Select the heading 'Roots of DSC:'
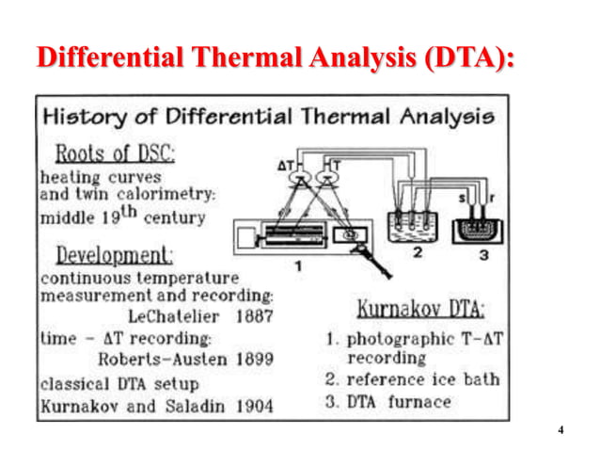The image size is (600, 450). tap(116, 152)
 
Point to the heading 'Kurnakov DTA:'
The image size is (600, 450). tap(420, 310)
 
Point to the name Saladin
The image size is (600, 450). tap(197, 407)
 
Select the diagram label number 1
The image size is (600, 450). tap(298, 266)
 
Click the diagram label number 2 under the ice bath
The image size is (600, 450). tap(418, 252)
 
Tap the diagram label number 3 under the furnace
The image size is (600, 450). tap(481, 254)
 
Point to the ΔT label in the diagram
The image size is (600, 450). tap(287, 165)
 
